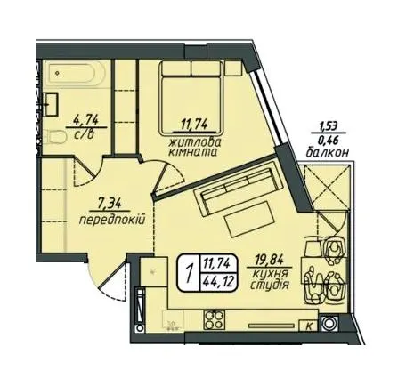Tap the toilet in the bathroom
tap(53, 137)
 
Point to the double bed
tap(191, 98)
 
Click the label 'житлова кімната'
tap(194, 147)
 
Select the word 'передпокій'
tap(112, 220)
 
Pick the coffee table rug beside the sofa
tap(248, 219)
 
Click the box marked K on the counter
tap(309, 326)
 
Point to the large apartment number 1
tap(189, 273)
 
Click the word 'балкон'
tap(327, 153)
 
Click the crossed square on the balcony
tap(328, 186)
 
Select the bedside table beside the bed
tap(233, 68)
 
